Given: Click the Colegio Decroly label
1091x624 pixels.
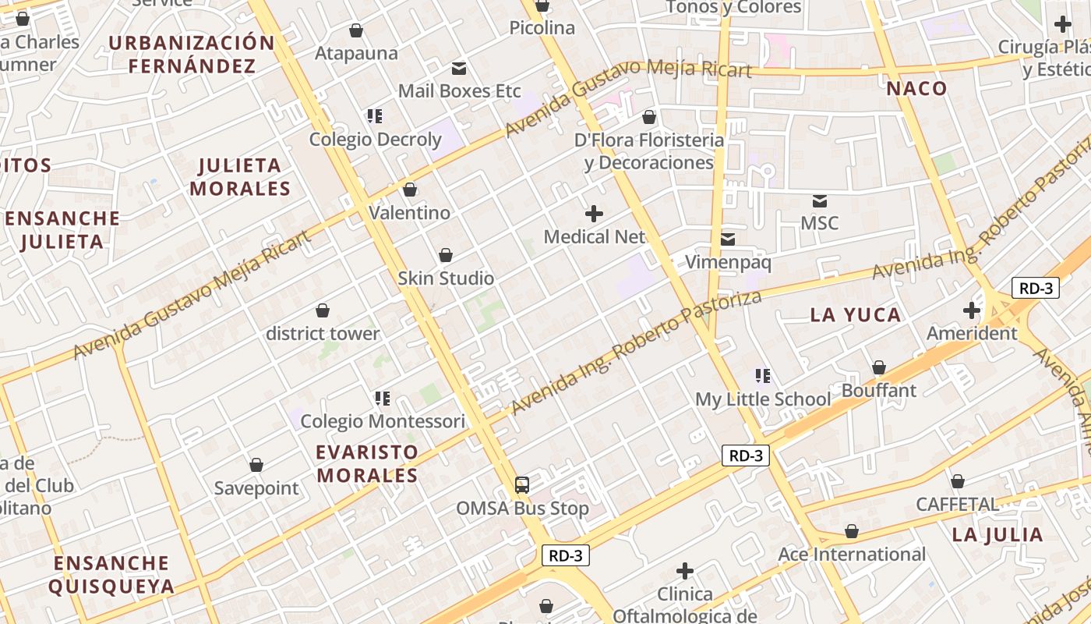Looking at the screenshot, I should pyautogui.click(x=375, y=140).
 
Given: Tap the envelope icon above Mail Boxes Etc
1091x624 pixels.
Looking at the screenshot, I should pyautogui.click(x=459, y=69).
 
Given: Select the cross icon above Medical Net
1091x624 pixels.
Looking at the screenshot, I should pyautogui.click(x=594, y=213).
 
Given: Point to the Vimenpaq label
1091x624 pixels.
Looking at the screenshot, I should pyautogui.click(x=728, y=262).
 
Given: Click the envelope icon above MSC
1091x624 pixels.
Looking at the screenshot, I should pyautogui.click(x=819, y=201).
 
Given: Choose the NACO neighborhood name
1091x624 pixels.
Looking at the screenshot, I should pyautogui.click(x=916, y=89).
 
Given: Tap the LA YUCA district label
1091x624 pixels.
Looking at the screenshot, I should pyautogui.click(x=856, y=315).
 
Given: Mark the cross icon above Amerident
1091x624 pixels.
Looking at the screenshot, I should pyautogui.click(x=971, y=310).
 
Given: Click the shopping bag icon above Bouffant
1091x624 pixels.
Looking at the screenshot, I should pyautogui.click(x=879, y=367).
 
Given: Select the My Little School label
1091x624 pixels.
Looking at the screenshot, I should pyautogui.click(x=763, y=399).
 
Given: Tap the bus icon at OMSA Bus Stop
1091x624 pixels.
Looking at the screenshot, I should pyautogui.click(x=522, y=485).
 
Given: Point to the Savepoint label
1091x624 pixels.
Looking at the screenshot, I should pyautogui.click(x=256, y=488).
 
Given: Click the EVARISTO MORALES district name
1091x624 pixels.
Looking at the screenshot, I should pyautogui.click(x=367, y=463).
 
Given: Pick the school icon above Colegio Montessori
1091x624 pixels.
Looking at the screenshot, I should pyautogui.click(x=382, y=399).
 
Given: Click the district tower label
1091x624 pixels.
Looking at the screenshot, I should pyautogui.click(x=323, y=334).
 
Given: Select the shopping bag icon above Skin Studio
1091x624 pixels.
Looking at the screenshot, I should pyautogui.click(x=446, y=255).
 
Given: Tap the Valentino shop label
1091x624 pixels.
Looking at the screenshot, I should pyautogui.click(x=409, y=213).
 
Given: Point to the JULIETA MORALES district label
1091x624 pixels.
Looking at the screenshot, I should pyautogui.click(x=240, y=177).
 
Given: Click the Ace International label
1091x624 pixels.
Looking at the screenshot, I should pyautogui.click(x=852, y=555).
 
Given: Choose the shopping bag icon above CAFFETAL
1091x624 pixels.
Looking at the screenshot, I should pyautogui.click(x=957, y=481).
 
